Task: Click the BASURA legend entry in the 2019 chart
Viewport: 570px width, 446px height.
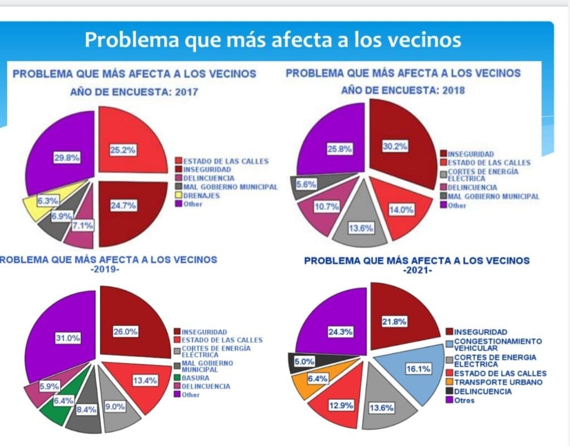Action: pos(193,378)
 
